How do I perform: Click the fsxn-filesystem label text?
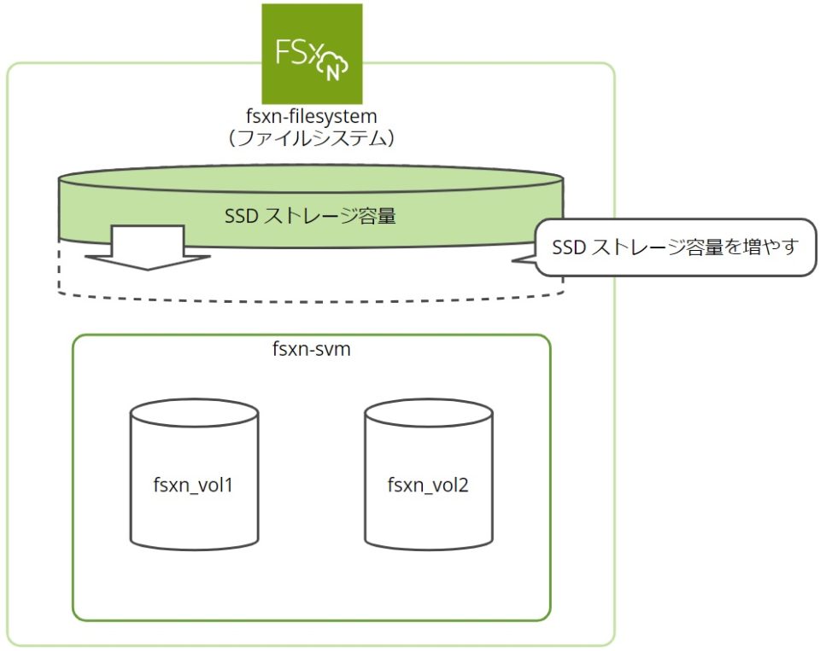(311, 115)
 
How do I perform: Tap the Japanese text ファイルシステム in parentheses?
(311, 138)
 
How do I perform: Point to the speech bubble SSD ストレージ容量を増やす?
(675, 247)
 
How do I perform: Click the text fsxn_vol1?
(194, 487)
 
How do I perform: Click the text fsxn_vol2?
(428, 487)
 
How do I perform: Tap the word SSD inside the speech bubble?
(570, 247)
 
